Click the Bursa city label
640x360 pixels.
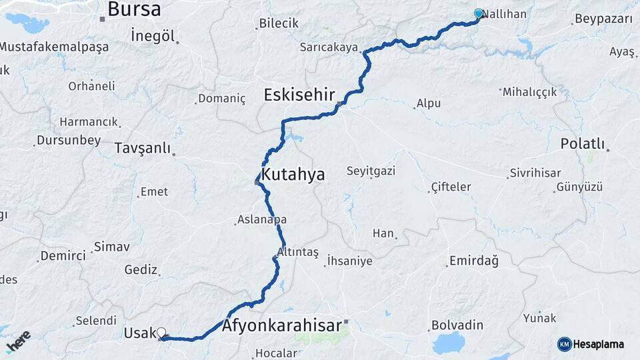tap(134, 9)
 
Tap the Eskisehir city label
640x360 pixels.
tap(299, 95)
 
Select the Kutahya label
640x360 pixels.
tap(293, 175)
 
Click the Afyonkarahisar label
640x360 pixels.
tap(282, 326)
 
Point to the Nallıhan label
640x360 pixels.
tap(504, 14)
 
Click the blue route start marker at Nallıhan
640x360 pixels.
tap(479, 13)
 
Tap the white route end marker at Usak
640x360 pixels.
tap(161, 331)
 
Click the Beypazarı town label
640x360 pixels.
tap(603, 19)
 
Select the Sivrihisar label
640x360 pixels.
tap(535, 173)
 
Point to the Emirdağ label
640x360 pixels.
tap(474, 261)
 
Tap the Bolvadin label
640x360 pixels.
tap(457, 325)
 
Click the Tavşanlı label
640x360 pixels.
tap(143, 148)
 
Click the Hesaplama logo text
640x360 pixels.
tap(599, 344)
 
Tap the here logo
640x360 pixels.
tap(18, 341)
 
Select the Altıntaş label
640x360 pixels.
tap(298, 253)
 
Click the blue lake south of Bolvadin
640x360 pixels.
tap(448, 344)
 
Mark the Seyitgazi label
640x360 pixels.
tap(371, 171)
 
